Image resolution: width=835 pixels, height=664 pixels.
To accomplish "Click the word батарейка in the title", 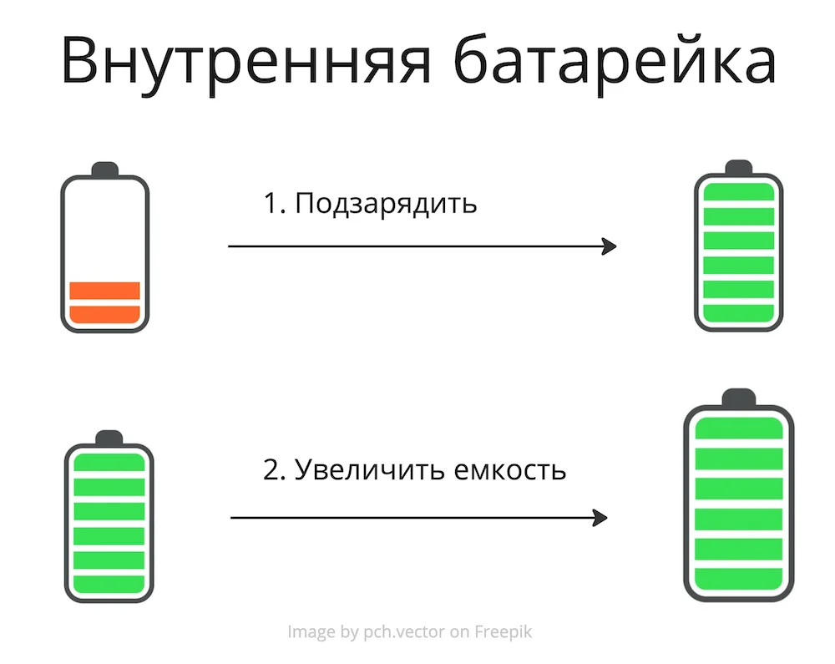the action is coord(615,59).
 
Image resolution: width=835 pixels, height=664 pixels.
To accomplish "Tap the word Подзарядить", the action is coord(386,204).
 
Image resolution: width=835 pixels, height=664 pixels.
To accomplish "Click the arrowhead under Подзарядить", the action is coord(610,246).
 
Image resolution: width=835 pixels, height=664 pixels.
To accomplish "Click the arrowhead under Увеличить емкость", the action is coord(600,518).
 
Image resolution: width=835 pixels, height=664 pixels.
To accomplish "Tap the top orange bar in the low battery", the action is coord(105,291).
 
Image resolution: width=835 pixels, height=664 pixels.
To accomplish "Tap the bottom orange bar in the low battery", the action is coord(105,314).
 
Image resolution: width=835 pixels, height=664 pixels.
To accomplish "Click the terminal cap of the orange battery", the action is coord(105,170).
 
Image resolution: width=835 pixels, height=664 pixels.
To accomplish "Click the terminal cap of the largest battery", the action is coord(739,398).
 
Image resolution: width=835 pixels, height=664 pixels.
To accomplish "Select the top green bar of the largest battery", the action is coord(739,428).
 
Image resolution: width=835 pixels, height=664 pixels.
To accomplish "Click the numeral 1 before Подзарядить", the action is coord(270,204).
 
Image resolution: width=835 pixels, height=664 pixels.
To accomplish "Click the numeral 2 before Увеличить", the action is coord(271,470).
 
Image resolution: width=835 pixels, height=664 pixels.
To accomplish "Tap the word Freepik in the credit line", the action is coord(504,632).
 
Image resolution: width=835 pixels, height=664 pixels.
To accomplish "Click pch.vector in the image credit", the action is coord(403,632).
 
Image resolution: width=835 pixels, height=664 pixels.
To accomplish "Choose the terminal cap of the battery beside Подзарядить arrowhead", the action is coord(739,168).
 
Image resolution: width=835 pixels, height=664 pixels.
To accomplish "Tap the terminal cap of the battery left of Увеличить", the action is coord(109,438).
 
